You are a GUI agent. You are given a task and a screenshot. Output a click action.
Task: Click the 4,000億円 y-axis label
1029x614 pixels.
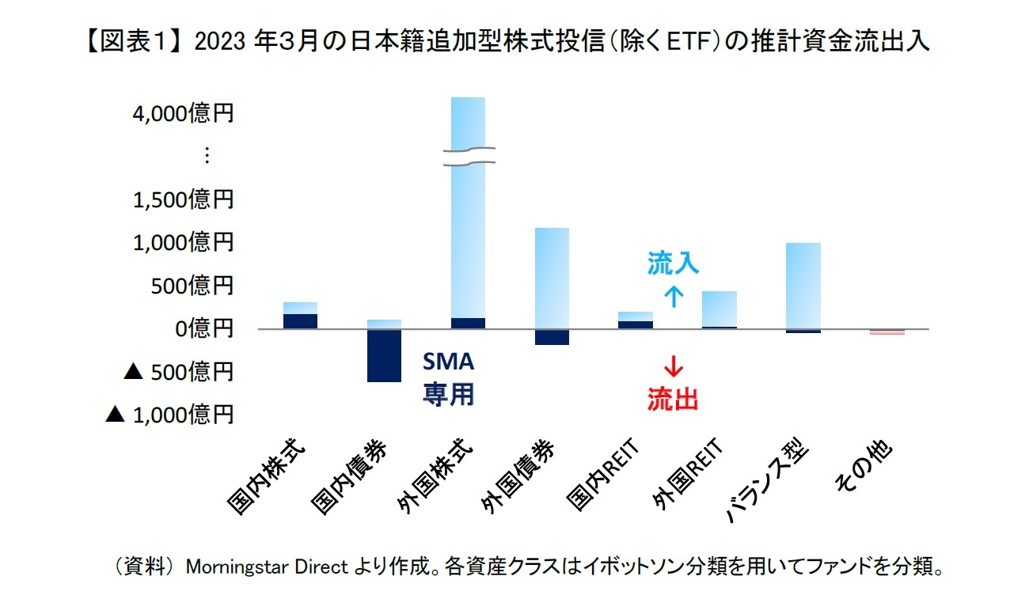(183, 114)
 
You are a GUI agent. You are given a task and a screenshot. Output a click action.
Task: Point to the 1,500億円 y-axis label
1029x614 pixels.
(183, 199)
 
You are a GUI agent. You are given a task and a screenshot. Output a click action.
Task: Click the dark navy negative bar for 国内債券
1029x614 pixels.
(384, 355)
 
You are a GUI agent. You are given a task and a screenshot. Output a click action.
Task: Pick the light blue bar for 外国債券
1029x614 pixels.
(552, 278)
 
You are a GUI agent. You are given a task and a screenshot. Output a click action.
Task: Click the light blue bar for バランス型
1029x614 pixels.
(803, 286)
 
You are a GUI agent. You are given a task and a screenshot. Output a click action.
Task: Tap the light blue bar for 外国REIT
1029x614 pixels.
(719, 309)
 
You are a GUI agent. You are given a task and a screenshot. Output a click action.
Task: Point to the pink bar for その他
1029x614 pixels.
(887, 332)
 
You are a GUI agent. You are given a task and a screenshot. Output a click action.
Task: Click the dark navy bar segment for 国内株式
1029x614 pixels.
(300, 321)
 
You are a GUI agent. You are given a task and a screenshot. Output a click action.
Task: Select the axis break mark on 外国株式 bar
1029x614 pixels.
(468, 156)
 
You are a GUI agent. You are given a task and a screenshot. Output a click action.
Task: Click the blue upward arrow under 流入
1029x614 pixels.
(673, 297)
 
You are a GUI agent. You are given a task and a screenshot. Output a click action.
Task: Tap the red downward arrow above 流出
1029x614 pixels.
(673, 367)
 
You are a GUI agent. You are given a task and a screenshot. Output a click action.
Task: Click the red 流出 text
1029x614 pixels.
(673, 400)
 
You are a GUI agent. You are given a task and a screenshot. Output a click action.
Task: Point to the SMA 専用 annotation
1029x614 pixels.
(448, 378)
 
